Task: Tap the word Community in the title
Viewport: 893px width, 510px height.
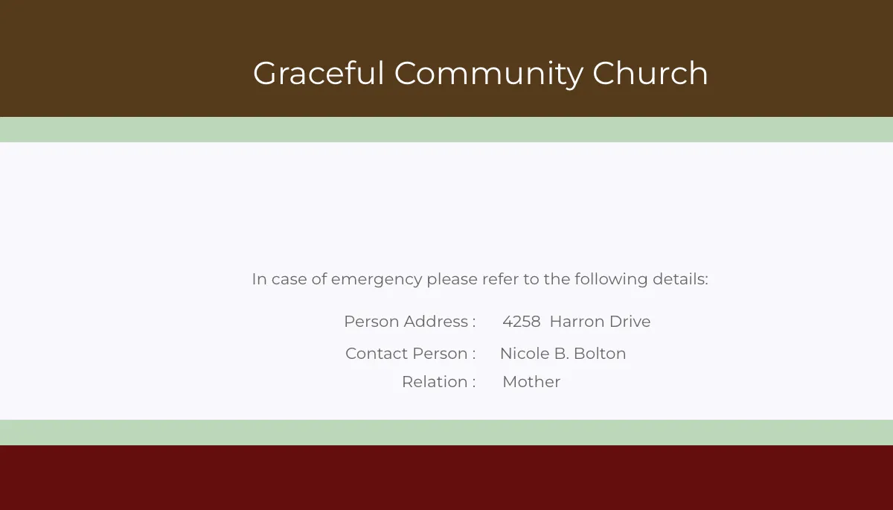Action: point(489,74)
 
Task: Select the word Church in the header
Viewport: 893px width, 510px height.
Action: point(650,74)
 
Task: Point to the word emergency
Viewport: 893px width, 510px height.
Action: point(377,280)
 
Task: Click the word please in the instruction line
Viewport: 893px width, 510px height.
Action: point(452,280)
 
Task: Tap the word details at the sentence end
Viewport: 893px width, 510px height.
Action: point(680,279)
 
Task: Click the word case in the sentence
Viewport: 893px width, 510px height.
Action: point(289,280)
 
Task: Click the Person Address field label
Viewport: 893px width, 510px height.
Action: point(409,322)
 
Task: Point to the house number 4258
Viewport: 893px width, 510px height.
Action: point(522,322)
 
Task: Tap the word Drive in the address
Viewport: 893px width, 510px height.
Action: point(630,322)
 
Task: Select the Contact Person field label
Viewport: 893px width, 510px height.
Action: point(410,354)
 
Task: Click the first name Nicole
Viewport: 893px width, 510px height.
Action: point(523,354)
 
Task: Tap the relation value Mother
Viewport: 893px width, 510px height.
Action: point(531,382)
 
